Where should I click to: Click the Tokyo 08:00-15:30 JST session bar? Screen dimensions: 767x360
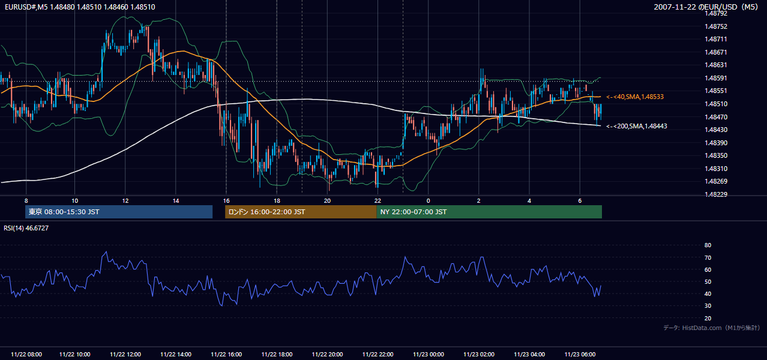[119, 212]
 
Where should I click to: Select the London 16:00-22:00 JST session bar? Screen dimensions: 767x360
[301, 212]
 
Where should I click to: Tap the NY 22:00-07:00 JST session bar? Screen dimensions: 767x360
[489, 212]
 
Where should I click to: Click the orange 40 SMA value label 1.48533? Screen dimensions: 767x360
[635, 97]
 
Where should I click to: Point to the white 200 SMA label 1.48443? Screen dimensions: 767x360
[637, 126]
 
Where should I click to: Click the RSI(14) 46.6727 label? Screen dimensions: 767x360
[26, 228]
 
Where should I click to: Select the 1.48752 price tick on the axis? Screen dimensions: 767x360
[716, 26]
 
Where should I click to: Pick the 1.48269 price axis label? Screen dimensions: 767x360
[716, 181]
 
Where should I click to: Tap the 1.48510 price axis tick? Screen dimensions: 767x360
[716, 104]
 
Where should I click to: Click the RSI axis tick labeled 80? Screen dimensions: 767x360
[708, 245]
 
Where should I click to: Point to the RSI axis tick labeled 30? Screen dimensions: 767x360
[708, 306]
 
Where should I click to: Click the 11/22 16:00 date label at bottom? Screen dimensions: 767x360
[226, 355]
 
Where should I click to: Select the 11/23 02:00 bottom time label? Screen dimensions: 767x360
[479, 355]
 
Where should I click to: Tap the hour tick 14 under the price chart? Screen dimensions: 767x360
[176, 201]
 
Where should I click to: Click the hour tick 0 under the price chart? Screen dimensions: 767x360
[428, 201]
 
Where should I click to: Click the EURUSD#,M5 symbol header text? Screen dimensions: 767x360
[26, 7]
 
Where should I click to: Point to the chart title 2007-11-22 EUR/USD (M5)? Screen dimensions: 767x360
[706, 7]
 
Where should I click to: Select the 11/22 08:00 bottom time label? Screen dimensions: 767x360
[26, 355]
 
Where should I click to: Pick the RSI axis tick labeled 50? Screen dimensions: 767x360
[708, 281]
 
